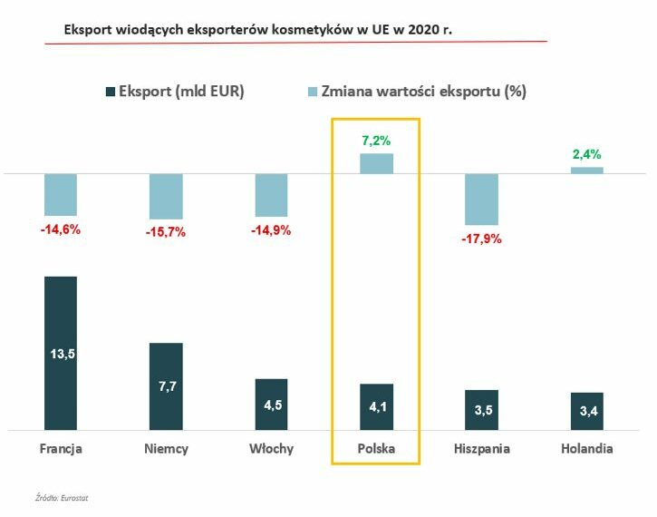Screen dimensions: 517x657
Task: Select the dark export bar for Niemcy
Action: point(166,385)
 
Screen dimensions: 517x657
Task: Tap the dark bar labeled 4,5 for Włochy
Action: point(271,404)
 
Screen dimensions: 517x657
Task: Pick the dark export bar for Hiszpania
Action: point(481,409)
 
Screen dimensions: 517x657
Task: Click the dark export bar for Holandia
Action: point(586,411)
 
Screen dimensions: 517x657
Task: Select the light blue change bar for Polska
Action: point(376,163)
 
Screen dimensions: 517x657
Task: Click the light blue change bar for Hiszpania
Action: point(481,199)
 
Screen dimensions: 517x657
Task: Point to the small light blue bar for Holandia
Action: point(586,170)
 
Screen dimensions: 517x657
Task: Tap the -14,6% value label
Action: point(61,229)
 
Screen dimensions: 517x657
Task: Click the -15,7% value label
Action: point(166,232)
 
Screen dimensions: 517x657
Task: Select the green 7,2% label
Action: point(376,141)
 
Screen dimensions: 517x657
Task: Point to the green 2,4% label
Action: point(587,154)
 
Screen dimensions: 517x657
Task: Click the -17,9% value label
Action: point(481,239)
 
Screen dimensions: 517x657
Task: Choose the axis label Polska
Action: point(376,449)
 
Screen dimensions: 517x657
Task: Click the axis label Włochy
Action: point(271,449)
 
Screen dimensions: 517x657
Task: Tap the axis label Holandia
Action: point(586,449)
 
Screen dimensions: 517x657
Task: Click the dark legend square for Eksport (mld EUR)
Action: point(111,92)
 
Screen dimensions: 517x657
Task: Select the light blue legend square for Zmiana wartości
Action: point(314,92)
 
